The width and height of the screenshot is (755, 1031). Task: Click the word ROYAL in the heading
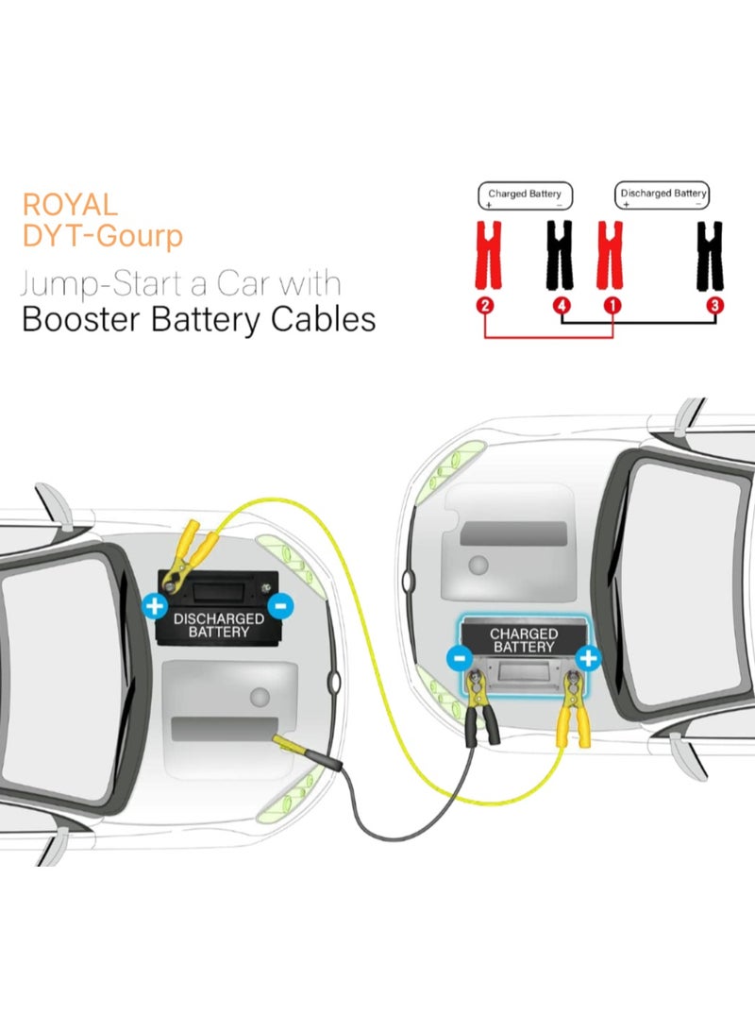(x=70, y=205)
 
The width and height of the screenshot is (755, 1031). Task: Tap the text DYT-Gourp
(x=102, y=236)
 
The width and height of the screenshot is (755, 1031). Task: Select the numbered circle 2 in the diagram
(x=485, y=305)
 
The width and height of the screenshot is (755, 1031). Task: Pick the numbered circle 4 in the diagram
(x=562, y=305)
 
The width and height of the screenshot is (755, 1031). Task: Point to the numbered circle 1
(x=613, y=305)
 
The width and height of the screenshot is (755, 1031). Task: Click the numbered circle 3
(x=714, y=305)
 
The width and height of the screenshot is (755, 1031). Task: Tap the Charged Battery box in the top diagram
(x=524, y=195)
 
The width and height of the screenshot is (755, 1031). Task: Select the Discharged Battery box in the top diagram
(x=662, y=195)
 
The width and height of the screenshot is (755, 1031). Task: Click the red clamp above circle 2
(x=487, y=255)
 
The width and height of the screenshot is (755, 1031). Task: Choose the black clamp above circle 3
(x=710, y=255)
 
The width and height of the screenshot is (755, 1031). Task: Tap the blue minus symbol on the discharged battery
(x=279, y=605)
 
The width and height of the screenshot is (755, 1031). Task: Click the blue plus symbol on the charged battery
(x=587, y=658)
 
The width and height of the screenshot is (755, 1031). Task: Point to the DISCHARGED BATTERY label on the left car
(x=218, y=625)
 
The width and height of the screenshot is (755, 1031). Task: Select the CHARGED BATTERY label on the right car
(x=524, y=640)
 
